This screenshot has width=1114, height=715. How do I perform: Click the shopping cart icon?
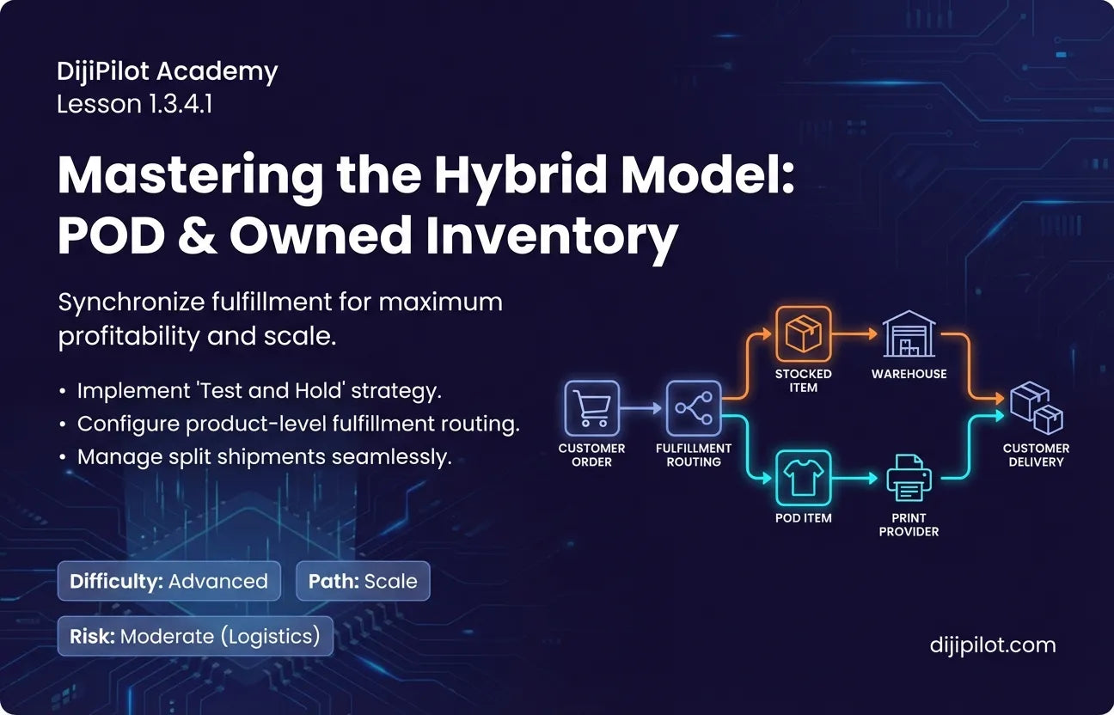[591, 408]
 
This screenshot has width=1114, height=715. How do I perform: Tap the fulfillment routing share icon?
[694, 408]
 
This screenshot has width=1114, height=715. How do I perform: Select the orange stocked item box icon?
[803, 333]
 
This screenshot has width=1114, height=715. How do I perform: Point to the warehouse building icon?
[909, 333]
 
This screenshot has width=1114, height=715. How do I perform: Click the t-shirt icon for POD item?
[803, 478]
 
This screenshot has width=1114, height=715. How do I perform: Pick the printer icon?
[909, 479]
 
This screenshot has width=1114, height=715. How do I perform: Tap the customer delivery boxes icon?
[1037, 408]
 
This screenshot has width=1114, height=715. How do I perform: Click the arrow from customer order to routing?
[641, 408]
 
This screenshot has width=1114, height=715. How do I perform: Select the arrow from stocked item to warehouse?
[855, 333]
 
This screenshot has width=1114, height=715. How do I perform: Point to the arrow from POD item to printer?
[855, 479]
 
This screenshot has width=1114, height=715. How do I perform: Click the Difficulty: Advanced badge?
[169, 581]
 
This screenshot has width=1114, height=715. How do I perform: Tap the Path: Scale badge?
[363, 581]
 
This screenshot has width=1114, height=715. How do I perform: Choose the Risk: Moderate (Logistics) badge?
[195, 636]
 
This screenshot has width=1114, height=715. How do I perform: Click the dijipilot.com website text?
[993, 645]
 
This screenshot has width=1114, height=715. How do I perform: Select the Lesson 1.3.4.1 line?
[135, 105]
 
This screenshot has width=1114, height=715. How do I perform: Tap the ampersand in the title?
[198, 235]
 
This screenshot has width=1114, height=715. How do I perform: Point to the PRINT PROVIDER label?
[909, 524]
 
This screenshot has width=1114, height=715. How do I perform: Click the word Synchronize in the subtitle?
[132, 302]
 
